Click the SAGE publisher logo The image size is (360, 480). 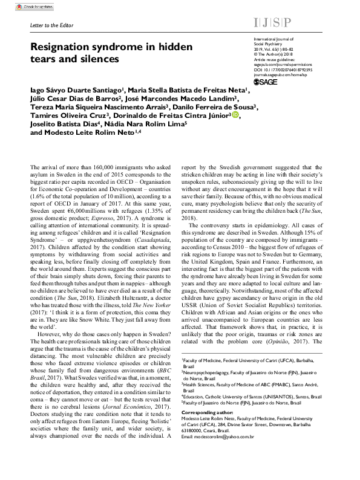pyautogui.click(x=266, y=82)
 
